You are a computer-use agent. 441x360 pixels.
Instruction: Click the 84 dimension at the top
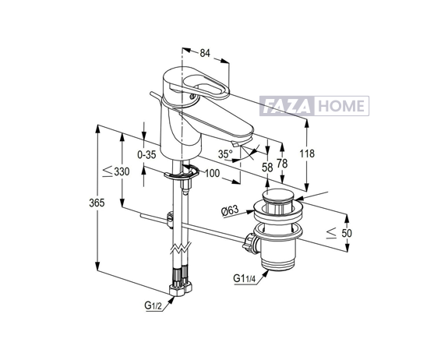click(205, 53)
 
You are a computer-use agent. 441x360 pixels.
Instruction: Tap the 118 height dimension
click(307, 154)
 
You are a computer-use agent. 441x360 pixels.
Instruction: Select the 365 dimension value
click(97, 203)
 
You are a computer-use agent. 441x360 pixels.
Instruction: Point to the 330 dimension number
click(122, 171)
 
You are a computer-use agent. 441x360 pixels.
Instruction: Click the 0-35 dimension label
click(146, 154)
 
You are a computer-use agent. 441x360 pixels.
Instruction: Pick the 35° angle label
click(225, 154)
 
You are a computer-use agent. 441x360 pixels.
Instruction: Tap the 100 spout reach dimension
click(212, 173)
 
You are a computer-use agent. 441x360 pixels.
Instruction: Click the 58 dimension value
click(267, 168)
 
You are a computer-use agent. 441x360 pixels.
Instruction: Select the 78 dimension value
click(282, 164)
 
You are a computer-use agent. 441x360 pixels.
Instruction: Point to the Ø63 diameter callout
click(230, 210)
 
